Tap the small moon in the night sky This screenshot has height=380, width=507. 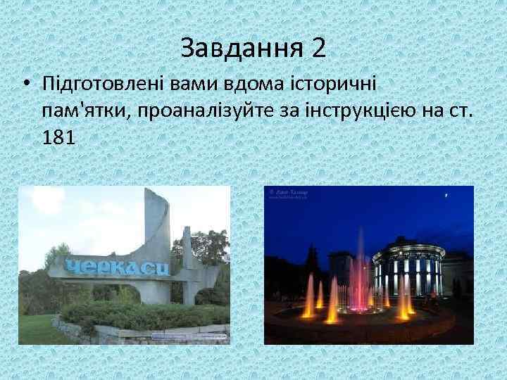(x=446, y=194)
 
